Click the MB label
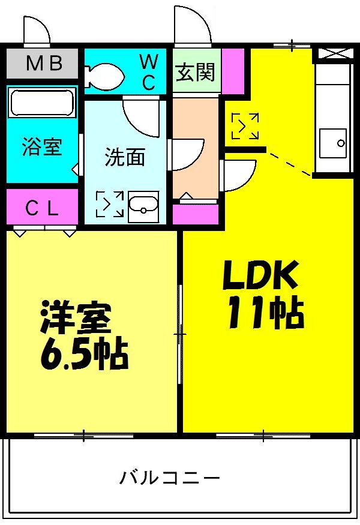click(x=43, y=64)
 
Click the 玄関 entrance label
click(x=195, y=73)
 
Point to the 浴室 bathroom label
click(x=42, y=146)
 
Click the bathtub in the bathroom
click(x=42, y=103)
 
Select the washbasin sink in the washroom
click(x=144, y=206)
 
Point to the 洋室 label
click(x=76, y=320)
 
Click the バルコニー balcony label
click(x=170, y=478)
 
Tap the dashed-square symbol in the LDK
click(x=245, y=127)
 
